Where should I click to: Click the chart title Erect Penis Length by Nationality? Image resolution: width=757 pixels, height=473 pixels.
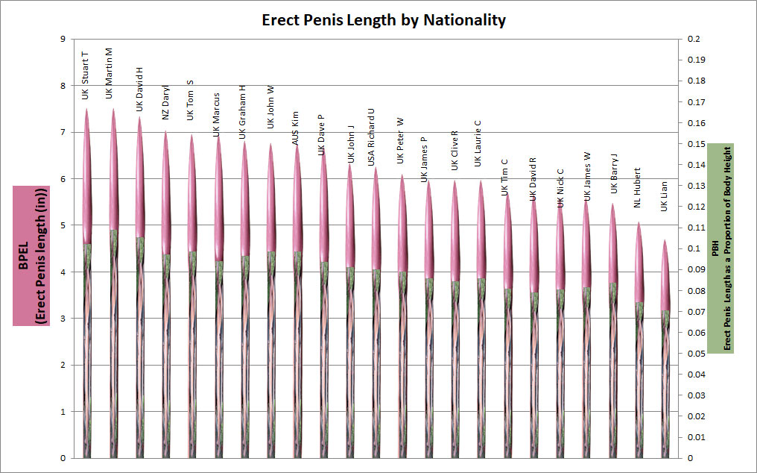(384, 20)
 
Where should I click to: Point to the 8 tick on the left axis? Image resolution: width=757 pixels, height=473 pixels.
(65, 86)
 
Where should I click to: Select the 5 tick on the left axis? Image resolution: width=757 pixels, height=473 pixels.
(65, 225)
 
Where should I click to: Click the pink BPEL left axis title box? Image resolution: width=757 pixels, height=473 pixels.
(31, 256)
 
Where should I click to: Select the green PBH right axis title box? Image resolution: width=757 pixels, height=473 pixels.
(722, 248)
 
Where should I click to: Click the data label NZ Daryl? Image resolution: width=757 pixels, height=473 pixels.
(166, 101)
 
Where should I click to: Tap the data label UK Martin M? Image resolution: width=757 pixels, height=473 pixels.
(109, 73)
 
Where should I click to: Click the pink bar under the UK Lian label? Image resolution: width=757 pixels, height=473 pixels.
(665, 276)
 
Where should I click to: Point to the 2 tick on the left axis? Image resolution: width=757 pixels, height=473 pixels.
(65, 365)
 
